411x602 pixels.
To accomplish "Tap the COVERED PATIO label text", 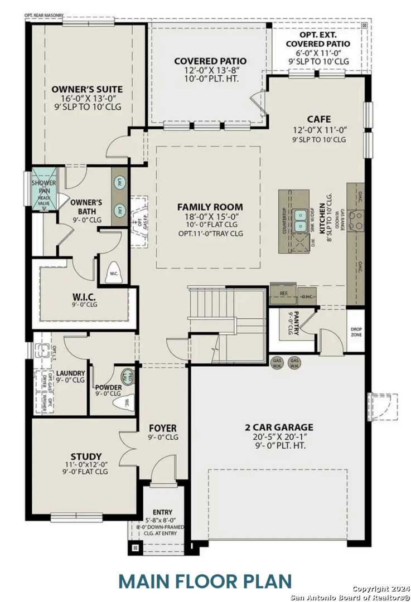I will pos(210,61).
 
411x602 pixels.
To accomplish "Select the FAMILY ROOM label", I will pos(210,207).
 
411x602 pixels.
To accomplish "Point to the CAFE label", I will pos(318,119).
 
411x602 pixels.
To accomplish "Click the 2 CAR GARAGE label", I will pos(278,428).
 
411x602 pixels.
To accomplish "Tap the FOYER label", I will pos(163,428).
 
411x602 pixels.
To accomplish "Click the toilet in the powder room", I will pos(125,402).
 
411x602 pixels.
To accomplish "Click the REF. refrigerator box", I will pos(283,293).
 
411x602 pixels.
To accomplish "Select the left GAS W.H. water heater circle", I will pos(277,363).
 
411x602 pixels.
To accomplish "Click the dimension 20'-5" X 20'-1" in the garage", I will pos(278,437).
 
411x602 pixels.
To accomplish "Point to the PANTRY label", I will pos(297,323).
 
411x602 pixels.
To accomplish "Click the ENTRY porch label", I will pos(162,512).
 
